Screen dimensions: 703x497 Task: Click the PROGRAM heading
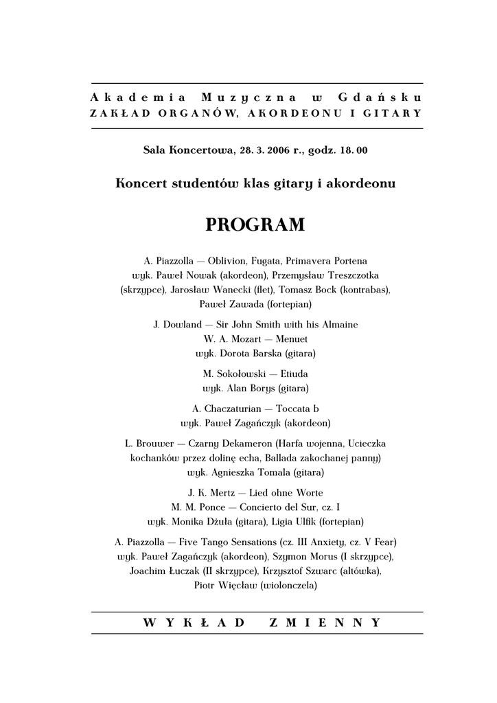(x=255, y=225)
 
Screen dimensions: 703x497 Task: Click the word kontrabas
(x=365, y=289)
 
